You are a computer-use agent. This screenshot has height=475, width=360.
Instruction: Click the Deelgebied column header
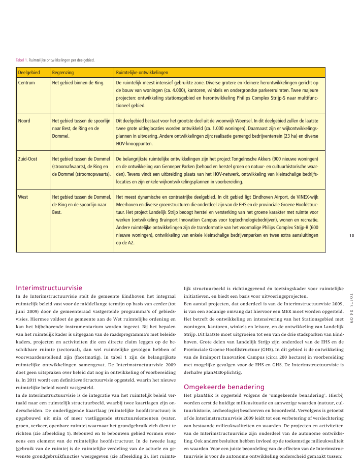[x=29, y=73]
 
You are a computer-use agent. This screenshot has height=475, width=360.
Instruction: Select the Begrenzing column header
[x=62, y=73]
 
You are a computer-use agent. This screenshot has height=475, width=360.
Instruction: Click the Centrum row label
[x=26, y=82]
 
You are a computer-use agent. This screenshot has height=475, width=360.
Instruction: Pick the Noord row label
[x=24, y=121]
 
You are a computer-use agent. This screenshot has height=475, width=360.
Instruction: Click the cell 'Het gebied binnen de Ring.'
[x=78, y=82]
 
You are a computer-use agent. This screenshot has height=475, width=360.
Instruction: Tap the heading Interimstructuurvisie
[x=49, y=288]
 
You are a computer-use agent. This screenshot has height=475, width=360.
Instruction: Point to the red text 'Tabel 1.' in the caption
[x=22, y=60]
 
